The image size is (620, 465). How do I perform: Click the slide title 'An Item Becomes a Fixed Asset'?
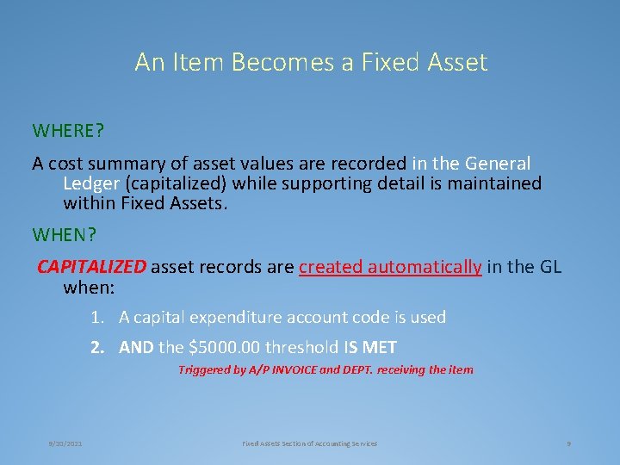click(x=311, y=63)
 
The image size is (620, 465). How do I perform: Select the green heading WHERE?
click(x=68, y=131)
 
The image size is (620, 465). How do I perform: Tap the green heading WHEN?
click(x=64, y=234)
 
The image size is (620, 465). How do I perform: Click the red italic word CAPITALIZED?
click(x=92, y=267)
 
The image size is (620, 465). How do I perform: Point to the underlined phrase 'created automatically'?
click(x=390, y=267)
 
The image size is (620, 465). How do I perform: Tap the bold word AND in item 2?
click(x=135, y=348)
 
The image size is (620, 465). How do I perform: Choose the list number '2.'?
click(x=98, y=348)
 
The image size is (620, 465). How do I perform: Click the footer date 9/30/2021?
click(x=65, y=443)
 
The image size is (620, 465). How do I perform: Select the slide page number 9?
click(x=569, y=443)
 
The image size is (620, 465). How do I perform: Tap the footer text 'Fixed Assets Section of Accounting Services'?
click(x=309, y=443)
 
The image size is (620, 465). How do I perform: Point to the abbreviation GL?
click(x=550, y=267)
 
